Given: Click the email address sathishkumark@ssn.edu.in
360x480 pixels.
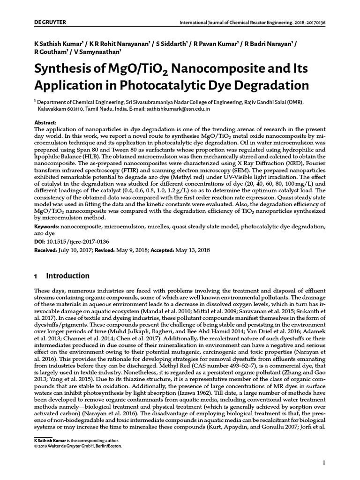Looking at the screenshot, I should pos(180,108).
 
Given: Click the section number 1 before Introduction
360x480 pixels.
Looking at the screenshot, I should pos(36,276).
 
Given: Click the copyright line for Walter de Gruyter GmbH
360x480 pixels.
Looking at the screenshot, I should pos(78,446).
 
